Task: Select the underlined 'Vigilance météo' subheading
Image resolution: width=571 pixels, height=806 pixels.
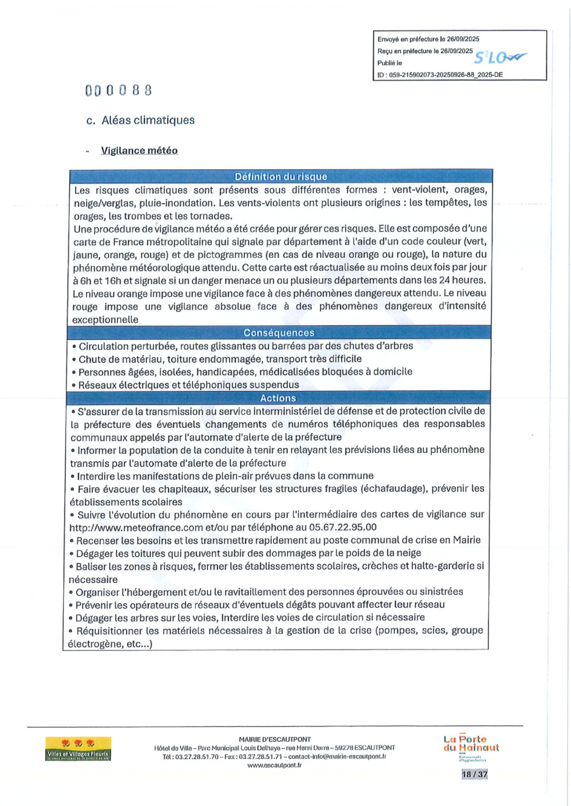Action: tap(139, 150)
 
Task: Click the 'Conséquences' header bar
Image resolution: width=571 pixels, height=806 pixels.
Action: tap(279, 332)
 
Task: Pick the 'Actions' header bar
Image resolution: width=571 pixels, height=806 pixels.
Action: tap(278, 398)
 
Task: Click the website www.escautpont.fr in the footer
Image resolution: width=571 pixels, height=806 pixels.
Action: tap(274, 765)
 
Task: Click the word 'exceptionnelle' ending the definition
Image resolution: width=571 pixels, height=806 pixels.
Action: tap(104, 320)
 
